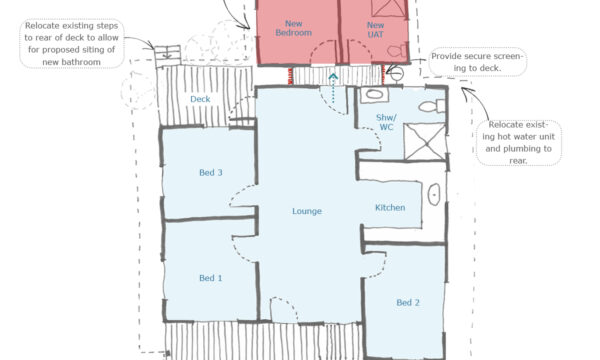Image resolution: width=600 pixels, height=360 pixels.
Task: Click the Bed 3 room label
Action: point(210,173)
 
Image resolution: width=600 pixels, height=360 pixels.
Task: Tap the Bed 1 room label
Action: point(210,278)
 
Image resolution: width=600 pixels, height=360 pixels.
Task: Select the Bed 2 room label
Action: point(408,303)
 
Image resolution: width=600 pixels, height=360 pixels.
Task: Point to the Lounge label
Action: point(307,211)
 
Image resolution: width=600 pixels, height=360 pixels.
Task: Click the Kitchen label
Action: point(390,208)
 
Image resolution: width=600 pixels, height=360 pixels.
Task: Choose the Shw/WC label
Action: point(386,122)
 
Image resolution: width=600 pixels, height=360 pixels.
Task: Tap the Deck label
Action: point(200,99)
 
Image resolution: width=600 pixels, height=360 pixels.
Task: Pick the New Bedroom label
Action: point(293,28)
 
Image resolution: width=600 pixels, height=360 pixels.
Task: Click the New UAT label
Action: point(375,30)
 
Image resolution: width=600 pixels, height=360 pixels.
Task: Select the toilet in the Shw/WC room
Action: point(432,106)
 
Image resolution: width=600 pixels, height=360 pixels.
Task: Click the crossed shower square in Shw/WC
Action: point(425,142)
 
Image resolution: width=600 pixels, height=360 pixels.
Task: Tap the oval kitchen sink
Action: point(434,194)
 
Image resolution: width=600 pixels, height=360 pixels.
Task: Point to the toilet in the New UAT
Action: point(397,51)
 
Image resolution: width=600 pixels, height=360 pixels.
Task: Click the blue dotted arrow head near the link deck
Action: point(333,77)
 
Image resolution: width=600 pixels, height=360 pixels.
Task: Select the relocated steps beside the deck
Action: point(168,56)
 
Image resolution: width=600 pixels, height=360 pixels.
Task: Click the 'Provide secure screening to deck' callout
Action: point(477,62)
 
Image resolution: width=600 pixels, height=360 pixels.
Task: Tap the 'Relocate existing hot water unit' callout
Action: point(518,143)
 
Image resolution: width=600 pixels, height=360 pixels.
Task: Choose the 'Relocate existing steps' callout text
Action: point(72,44)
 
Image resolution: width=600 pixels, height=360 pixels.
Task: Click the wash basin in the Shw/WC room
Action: point(374,94)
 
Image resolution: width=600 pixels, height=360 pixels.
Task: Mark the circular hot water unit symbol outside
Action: point(397,73)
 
